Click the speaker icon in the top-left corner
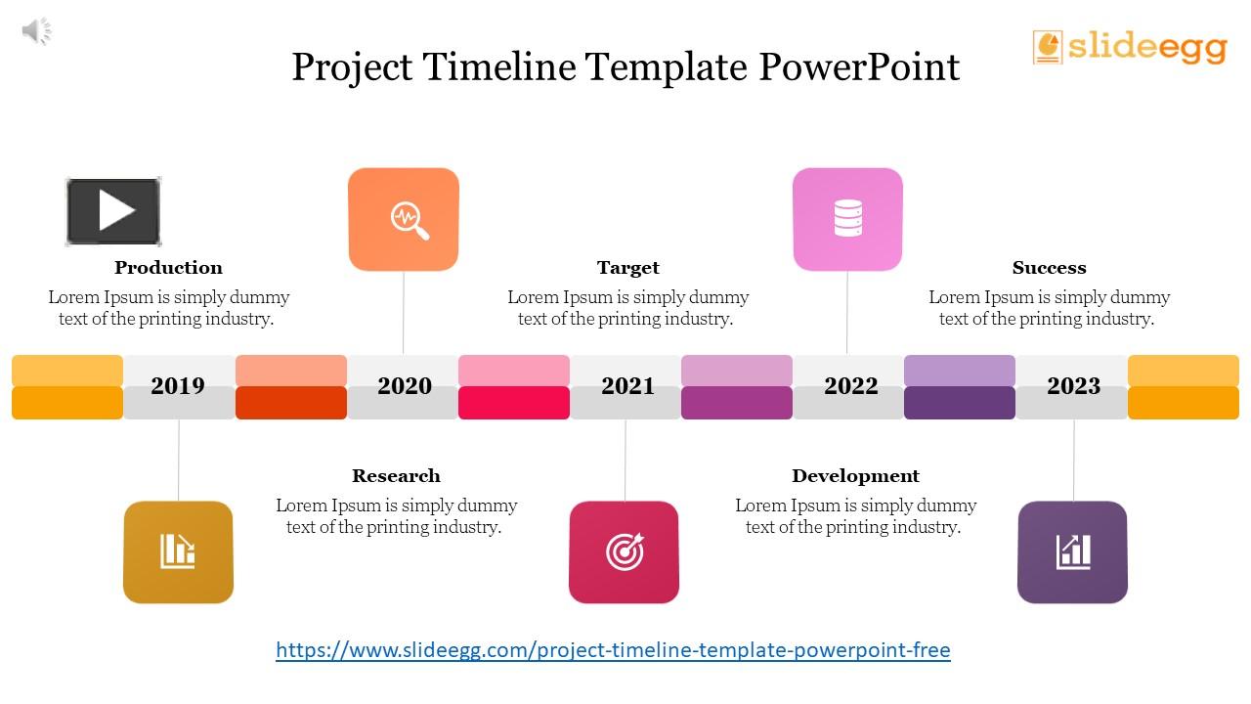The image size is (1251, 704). [36, 31]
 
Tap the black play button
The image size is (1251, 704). [113, 211]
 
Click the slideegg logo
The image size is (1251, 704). [1130, 46]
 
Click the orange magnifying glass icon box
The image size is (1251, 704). [404, 219]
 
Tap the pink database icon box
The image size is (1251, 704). [847, 219]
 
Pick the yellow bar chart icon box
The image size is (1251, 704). [178, 551]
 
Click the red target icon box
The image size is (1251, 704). [624, 551]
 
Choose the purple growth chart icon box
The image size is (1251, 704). [1072, 551]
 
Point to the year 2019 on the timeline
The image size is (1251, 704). [178, 386]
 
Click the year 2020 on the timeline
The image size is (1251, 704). [405, 386]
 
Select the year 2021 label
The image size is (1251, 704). [627, 386]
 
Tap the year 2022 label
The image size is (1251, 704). [850, 386]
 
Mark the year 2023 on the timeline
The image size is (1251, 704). [1073, 386]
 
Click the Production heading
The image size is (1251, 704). [168, 268]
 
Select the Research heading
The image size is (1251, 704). [396, 476]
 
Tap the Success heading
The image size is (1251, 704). [1049, 268]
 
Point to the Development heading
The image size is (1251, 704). [855, 476]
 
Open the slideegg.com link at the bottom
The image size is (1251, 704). [613, 650]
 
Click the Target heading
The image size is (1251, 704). [627, 268]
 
